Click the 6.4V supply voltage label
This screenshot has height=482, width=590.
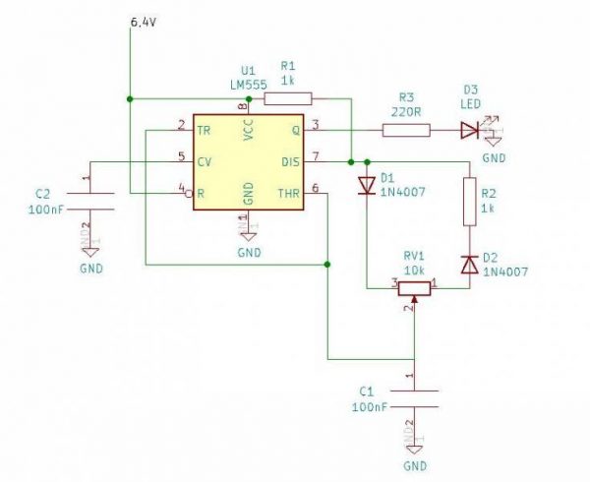(143, 23)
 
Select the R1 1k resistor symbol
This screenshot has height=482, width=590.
(288, 98)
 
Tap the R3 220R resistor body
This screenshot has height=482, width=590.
(406, 130)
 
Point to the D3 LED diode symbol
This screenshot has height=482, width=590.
(470, 131)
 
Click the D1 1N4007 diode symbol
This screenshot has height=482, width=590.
(367, 186)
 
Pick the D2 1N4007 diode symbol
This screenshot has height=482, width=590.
(470, 265)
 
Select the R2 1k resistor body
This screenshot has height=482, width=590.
(470, 202)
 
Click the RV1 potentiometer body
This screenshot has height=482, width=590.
(414, 288)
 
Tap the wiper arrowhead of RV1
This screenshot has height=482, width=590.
(414, 299)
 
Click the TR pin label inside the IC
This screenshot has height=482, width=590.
(204, 131)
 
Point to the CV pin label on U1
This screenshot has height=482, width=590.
(205, 162)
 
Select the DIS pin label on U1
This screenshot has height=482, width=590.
(291, 162)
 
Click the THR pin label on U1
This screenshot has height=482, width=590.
(289, 194)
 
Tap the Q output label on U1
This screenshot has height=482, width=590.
(296, 131)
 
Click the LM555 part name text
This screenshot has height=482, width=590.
(249, 85)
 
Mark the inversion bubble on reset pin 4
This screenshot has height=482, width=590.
(189, 194)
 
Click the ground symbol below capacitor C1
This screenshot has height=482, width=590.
(414, 450)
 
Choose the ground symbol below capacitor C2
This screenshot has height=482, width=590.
(90, 252)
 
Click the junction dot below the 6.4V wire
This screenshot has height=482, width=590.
(130, 99)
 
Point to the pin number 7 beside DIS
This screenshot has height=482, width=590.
(316, 156)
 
